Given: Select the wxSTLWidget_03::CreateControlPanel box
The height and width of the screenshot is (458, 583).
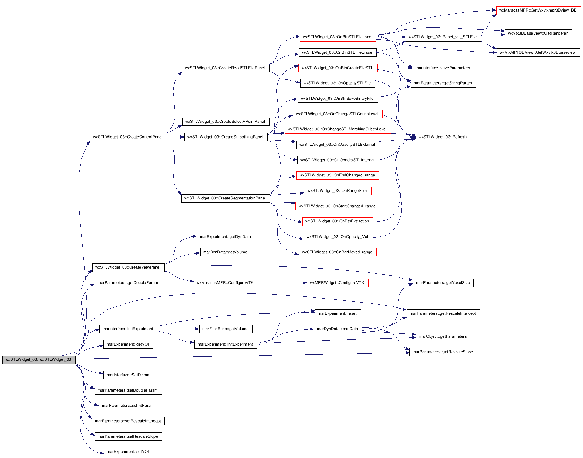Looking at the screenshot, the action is (x=128, y=137).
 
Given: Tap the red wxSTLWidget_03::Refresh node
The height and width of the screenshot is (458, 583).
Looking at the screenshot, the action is (x=443, y=137).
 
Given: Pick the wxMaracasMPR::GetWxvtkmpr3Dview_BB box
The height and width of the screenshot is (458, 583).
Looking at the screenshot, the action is (x=538, y=10).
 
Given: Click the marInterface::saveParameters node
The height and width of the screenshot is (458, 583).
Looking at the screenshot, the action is (x=443, y=68).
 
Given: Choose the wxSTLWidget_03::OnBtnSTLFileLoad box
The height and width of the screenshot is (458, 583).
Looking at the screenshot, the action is (x=338, y=37).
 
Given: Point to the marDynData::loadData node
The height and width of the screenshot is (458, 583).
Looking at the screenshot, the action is (x=338, y=329).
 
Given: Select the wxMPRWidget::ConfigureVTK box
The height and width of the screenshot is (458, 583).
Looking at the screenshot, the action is (x=338, y=283).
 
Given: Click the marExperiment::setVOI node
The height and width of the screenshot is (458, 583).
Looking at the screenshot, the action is (x=128, y=452).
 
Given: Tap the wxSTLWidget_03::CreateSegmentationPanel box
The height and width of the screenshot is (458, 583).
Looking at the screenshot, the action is (x=226, y=198).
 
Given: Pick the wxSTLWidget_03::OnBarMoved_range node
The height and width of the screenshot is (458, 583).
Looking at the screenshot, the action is (x=338, y=252).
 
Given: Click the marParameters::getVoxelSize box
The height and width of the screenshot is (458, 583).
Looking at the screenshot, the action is (x=443, y=283).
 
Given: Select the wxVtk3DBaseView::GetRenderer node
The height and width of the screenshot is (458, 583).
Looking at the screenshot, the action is (x=538, y=33).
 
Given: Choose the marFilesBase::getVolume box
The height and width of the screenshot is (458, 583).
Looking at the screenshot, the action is (x=226, y=329).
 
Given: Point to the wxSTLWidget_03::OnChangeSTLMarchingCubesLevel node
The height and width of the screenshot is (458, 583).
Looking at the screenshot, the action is (x=338, y=129).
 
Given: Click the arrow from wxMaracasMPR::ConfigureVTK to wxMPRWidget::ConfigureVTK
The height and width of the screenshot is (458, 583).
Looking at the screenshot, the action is (x=282, y=283).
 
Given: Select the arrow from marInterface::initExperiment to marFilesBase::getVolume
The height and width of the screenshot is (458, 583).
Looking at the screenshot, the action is (x=178, y=329).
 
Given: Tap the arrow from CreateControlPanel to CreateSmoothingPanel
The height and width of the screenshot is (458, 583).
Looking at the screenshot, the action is (x=175, y=137).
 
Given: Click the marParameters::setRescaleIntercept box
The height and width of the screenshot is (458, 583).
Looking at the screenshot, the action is (x=128, y=421).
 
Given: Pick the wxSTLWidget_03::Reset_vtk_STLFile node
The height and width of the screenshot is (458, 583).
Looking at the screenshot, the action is (x=443, y=37).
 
